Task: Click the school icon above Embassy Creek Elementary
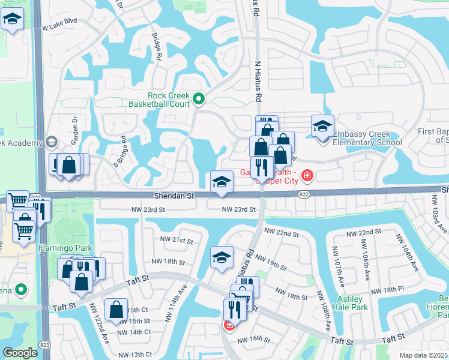[322, 127]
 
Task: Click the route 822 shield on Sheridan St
[304, 194]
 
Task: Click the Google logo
[20, 353]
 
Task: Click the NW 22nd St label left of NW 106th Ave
[364, 232]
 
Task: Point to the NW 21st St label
[176, 240]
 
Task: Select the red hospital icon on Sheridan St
[307, 175]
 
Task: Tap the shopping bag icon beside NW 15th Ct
[116, 310]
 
